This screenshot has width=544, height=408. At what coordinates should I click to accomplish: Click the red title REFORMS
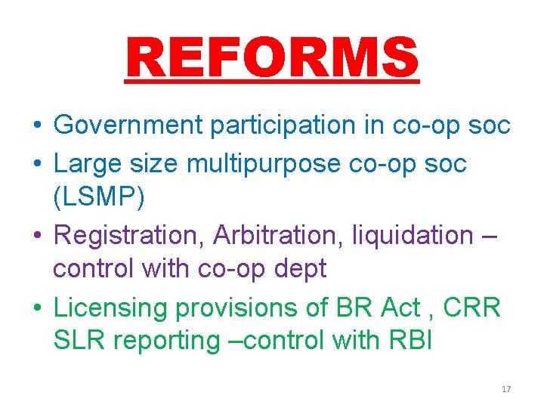[x=272, y=58]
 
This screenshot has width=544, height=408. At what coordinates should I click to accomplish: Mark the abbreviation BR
[x=352, y=308]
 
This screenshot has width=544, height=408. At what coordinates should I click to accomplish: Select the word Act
[x=400, y=308]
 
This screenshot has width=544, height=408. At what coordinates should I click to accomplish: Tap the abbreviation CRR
[x=471, y=308]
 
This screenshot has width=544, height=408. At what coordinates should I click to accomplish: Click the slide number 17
[x=506, y=389]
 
